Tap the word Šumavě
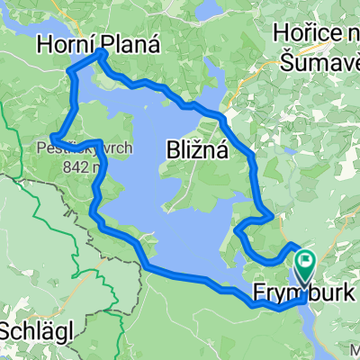tap(317, 60)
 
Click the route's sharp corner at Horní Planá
tap(102, 53)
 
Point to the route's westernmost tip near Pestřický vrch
tap(53, 137)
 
